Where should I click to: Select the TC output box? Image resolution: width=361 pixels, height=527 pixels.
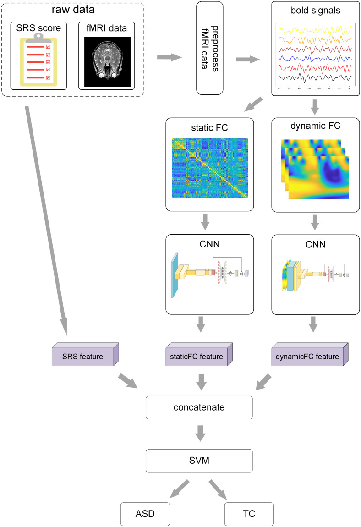pyautogui.click(x=249, y=514)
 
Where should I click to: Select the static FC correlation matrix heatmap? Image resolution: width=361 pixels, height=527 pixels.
pyautogui.click(x=209, y=168)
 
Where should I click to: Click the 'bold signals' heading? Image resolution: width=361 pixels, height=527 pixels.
pyautogui.click(x=316, y=11)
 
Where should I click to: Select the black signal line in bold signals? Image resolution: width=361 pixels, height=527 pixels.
pyautogui.click(x=315, y=77)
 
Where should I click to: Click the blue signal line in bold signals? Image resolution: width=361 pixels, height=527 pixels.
pyautogui.click(x=315, y=58)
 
